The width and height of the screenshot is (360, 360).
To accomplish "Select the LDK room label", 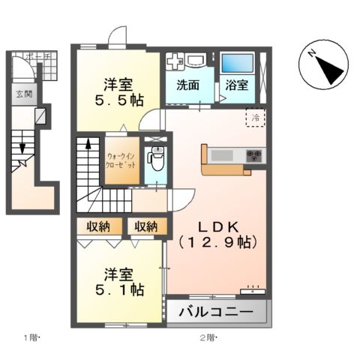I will pyautogui.click(x=217, y=233).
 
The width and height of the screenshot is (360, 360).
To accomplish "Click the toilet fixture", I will pyautogui.click(x=157, y=159).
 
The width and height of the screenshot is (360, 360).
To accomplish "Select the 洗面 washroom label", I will pyautogui.click(x=187, y=85).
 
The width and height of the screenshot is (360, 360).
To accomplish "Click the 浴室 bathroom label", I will pyautogui.click(x=238, y=85).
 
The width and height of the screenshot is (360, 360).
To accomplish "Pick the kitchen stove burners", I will pyautogui.click(x=255, y=156).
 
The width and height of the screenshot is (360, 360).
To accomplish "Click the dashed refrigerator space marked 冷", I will pyautogui.click(x=255, y=118).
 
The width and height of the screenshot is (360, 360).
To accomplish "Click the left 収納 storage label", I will pyautogui.click(x=99, y=226).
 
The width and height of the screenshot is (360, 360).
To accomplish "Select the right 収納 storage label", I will pyautogui.click(x=146, y=226).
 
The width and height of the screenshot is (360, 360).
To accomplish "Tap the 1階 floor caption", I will pyautogui.click(x=31, y=338).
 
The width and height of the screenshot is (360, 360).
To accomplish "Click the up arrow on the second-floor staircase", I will pyautogui.click(x=88, y=146).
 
